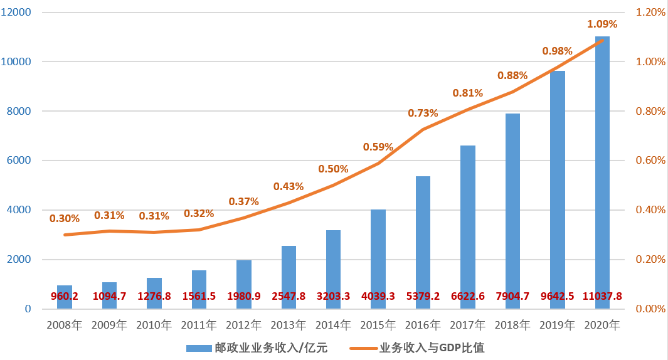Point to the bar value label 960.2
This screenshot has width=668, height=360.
pyautogui.click(x=65, y=296)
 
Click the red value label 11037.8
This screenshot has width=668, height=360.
pyautogui.click(x=602, y=296)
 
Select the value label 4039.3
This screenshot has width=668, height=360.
pyautogui.click(x=378, y=296)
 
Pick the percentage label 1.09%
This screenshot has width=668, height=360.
pyautogui.click(x=602, y=24)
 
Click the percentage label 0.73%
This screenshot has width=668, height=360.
pyautogui.click(x=423, y=114)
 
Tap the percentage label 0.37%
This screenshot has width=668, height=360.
pyautogui.click(x=243, y=201)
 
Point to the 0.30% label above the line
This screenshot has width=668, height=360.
pyautogui.click(x=65, y=219)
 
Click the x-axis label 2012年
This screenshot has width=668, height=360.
pyautogui.click(x=243, y=325)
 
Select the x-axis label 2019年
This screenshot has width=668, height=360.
pyautogui.click(x=557, y=325)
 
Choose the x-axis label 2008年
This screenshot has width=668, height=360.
pyautogui.click(x=65, y=325)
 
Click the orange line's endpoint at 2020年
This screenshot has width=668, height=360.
pyautogui.click(x=602, y=40)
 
